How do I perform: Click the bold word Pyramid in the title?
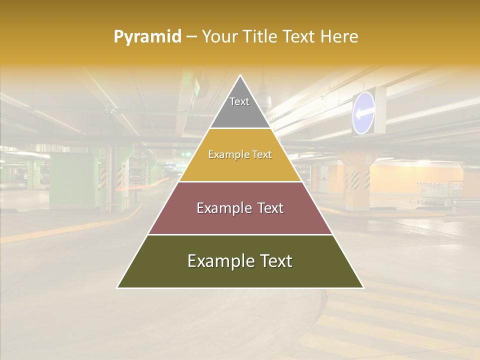(x=147, y=37)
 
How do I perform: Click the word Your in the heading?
(x=218, y=37)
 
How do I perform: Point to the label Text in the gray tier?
(x=239, y=101)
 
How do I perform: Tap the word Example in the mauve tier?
(x=222, y=208)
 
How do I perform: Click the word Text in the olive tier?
(x=276, y=261)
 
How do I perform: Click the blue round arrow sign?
(x=363, y=113)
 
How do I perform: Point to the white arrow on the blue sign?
(x=363, y=113)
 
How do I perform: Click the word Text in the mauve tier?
(x=267, y=208)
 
